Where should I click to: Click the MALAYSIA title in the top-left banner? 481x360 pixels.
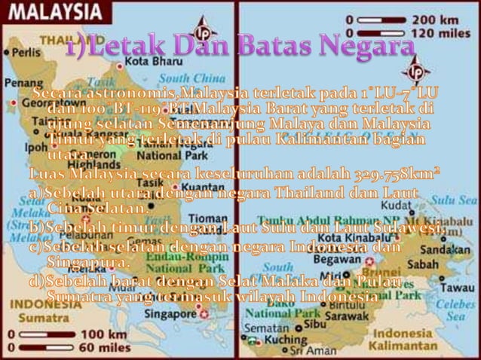click(51, 13)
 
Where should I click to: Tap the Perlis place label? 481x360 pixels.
click(26, 54)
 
